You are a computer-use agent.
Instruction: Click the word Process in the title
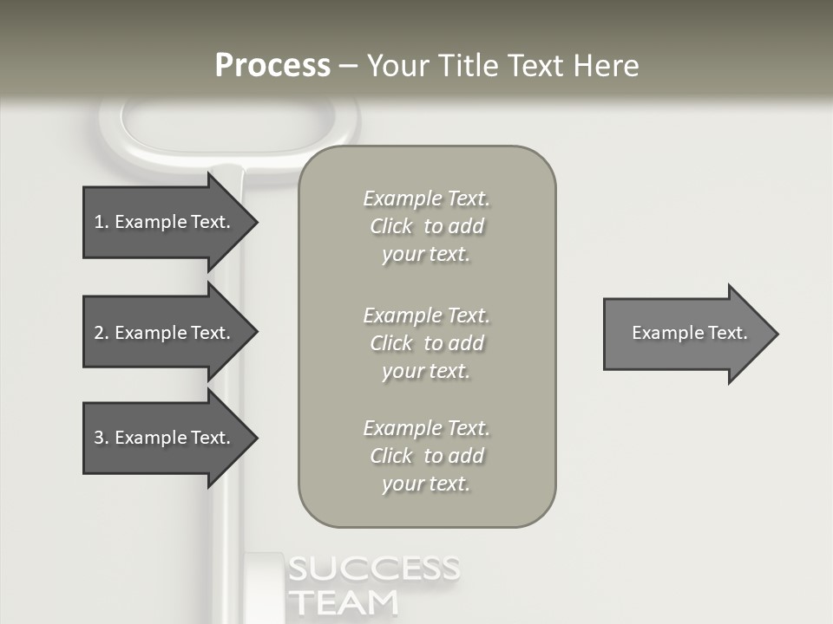[x=272, y=66]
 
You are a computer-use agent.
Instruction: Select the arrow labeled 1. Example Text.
[x=161, y=222]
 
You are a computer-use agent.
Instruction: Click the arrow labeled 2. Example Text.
[x=161, y=333]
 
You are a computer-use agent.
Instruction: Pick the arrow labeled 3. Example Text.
[x=161, y=438]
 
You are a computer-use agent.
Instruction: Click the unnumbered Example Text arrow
[x=689, y=333]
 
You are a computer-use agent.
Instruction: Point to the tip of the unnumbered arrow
[x=776, y=334]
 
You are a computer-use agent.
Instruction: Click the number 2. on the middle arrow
[x=101, y=333]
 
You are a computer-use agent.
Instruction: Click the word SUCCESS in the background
[x=373, y=569]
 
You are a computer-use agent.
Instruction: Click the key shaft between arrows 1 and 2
[x=227, y=277]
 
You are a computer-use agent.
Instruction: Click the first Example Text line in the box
[x=426, y=198]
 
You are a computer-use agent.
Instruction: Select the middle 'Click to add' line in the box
[x=426, y=343]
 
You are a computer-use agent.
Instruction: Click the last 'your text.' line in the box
[x=426, y=484]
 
